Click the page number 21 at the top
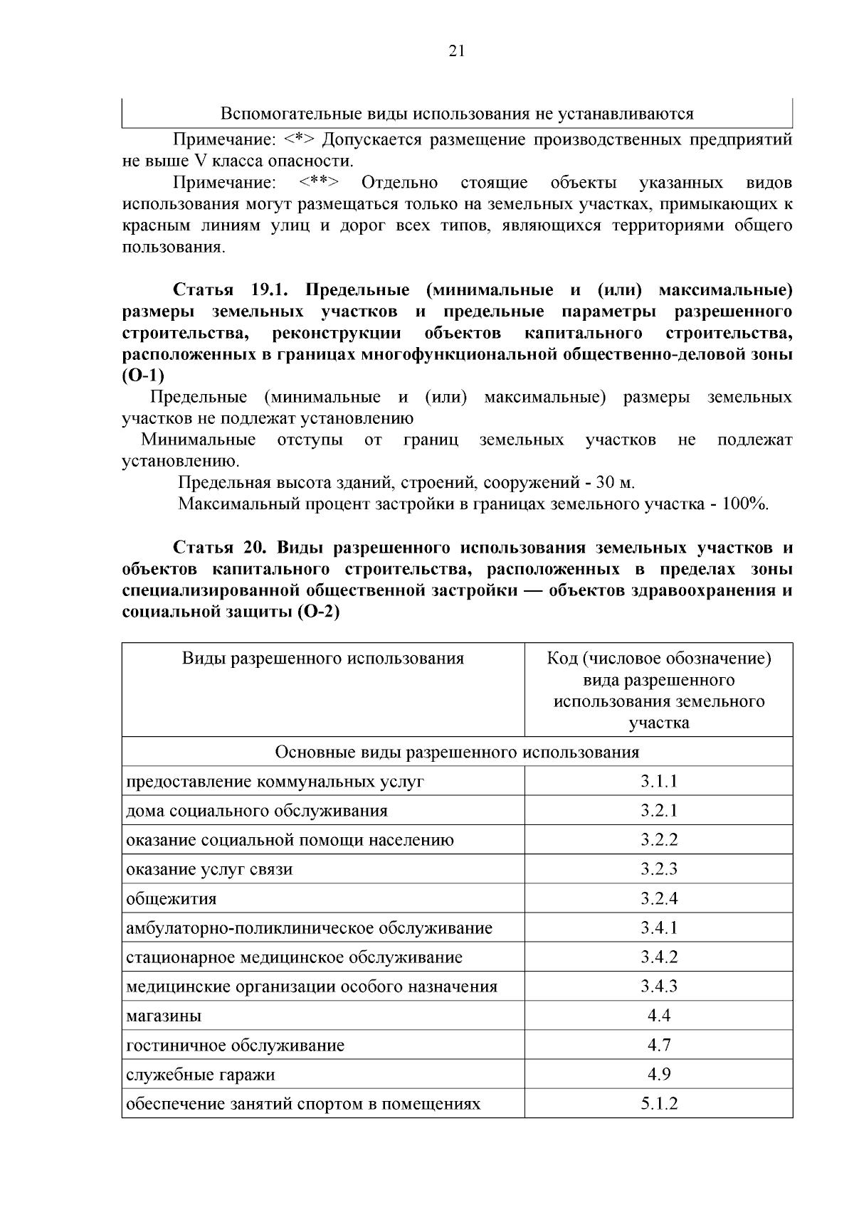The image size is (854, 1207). pyautogui.click(x=456, y=50)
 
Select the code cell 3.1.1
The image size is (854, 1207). pyautogui.click(x=658, y=781)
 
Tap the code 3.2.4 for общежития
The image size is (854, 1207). pyautogui.click(x=658, y=898)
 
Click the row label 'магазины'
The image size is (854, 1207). pyautogui.click(x=164, y=1016)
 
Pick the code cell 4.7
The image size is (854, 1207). pyautogui.click(x=658, y=1045)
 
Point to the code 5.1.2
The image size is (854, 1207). pyautogui.click(x=658, y=1104)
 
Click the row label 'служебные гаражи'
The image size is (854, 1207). pyautogui.click(x=200, y=1075)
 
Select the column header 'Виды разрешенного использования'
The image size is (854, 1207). pyautogui.click(x=322, y=659)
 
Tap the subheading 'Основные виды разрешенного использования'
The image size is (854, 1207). pyautogui.click(x=457, y=752)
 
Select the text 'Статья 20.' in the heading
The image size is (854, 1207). pyautogui.click(x=219, y=548)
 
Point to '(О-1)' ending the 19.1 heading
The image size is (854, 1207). pyautogui.click(x=143, y=376)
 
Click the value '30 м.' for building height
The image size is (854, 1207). pyautogui.click(x=615, y=483)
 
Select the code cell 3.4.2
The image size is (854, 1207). pyautogui.click(x=658, y=957)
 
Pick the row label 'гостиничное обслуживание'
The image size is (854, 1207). pyautogui.click(x=235, y=1046)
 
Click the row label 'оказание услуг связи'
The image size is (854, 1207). pyautogui.click(x=209, y=869)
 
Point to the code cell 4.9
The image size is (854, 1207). pyautogui.click(x=658, y=1074)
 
